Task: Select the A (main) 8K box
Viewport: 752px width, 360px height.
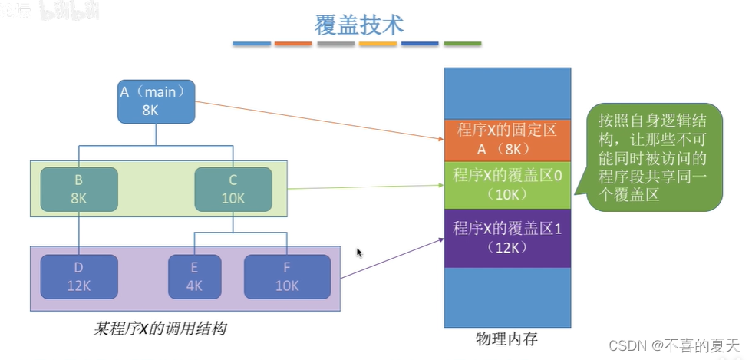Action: point(157,101)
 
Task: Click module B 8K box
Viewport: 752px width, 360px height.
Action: point(78,187)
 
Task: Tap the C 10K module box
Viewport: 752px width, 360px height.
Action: point(233,187)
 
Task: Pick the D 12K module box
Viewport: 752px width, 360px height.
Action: point(78,276)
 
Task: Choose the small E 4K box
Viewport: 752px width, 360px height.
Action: point(195,276)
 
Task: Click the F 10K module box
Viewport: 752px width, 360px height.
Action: point(287,276)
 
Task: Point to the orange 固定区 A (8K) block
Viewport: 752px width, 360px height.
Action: point(507,140)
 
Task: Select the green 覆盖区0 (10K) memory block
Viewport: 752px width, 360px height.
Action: point(507,184)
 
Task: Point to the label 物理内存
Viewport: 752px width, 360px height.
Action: point(507,339)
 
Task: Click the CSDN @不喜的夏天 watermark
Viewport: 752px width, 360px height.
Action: point(667,345)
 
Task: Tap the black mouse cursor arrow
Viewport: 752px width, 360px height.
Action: point(359,253)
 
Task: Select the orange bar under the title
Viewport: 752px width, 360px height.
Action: point(293,44)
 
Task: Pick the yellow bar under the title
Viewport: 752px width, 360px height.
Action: point(378,44)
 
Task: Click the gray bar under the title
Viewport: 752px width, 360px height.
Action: point(335,44)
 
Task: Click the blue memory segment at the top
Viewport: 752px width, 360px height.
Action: point(507,93)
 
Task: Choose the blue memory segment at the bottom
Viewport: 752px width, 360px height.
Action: point(507,298)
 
